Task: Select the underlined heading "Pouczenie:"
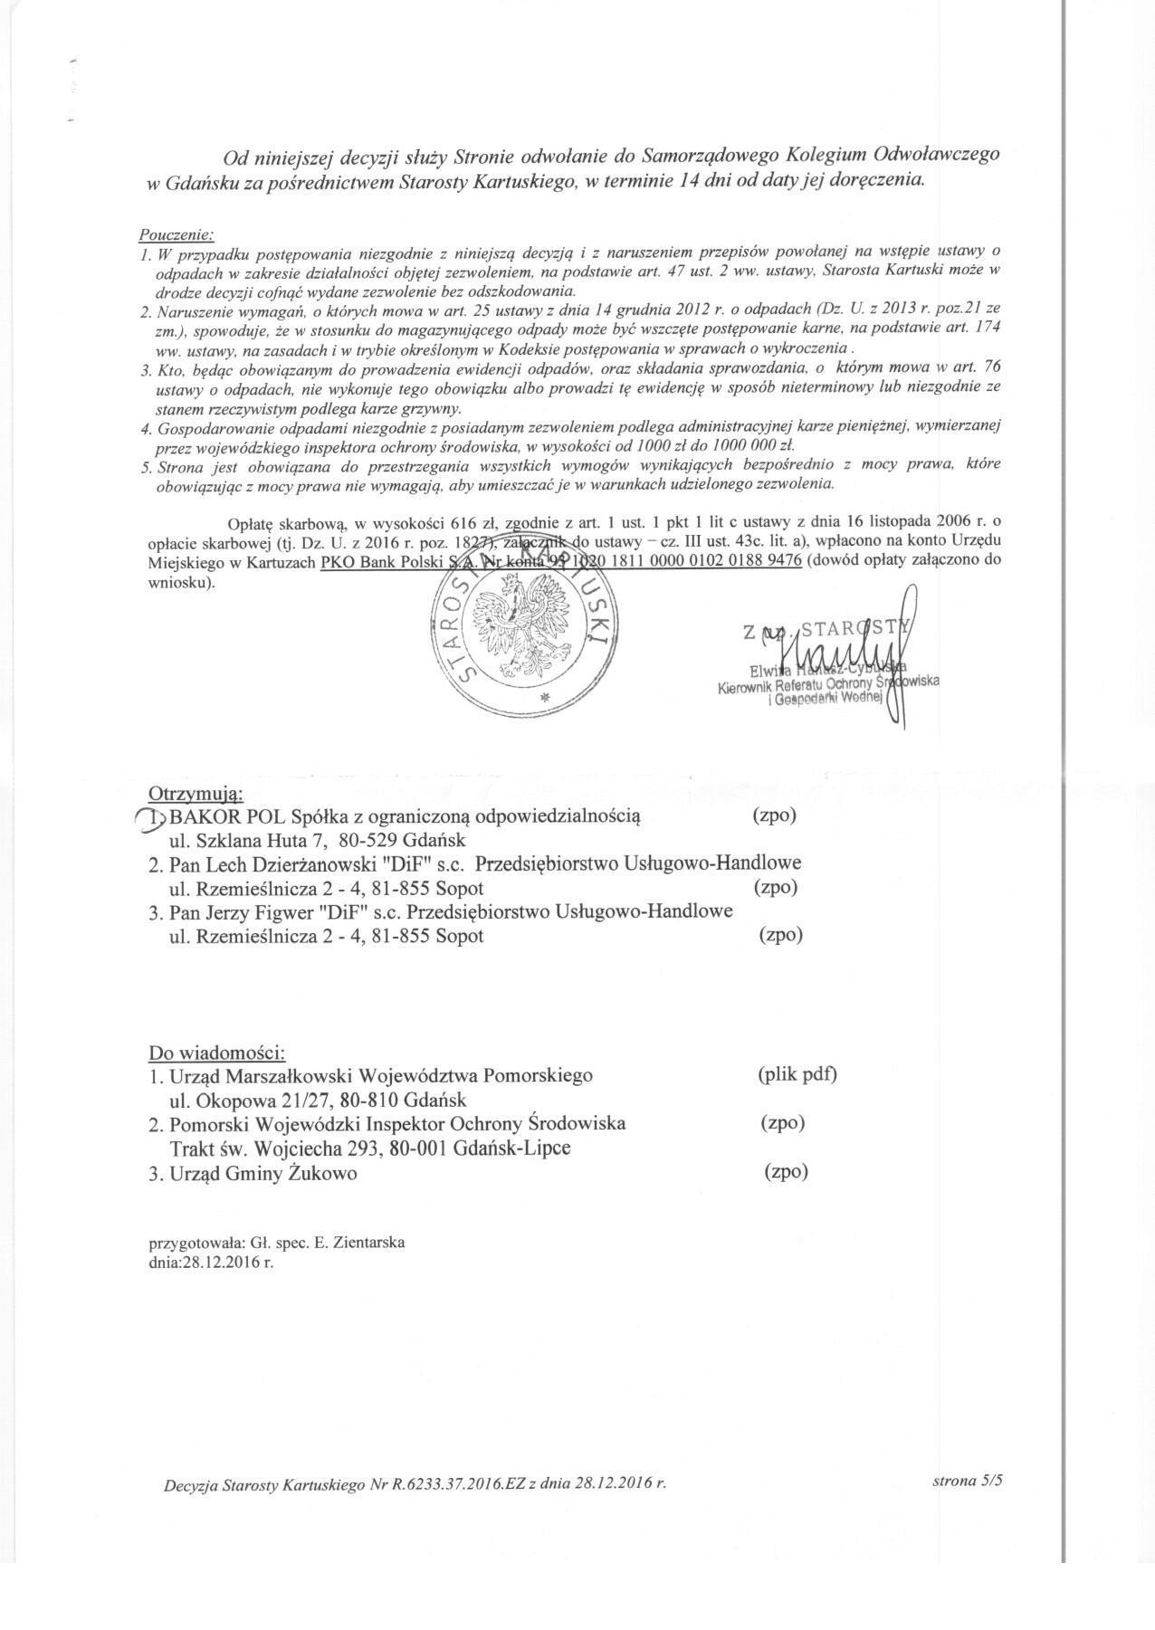[x=177, y=234]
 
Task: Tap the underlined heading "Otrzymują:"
[x=196, y=794]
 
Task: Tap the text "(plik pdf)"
[x=797, y=1074]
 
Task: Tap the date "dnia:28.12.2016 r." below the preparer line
[x=210, y=1260]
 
